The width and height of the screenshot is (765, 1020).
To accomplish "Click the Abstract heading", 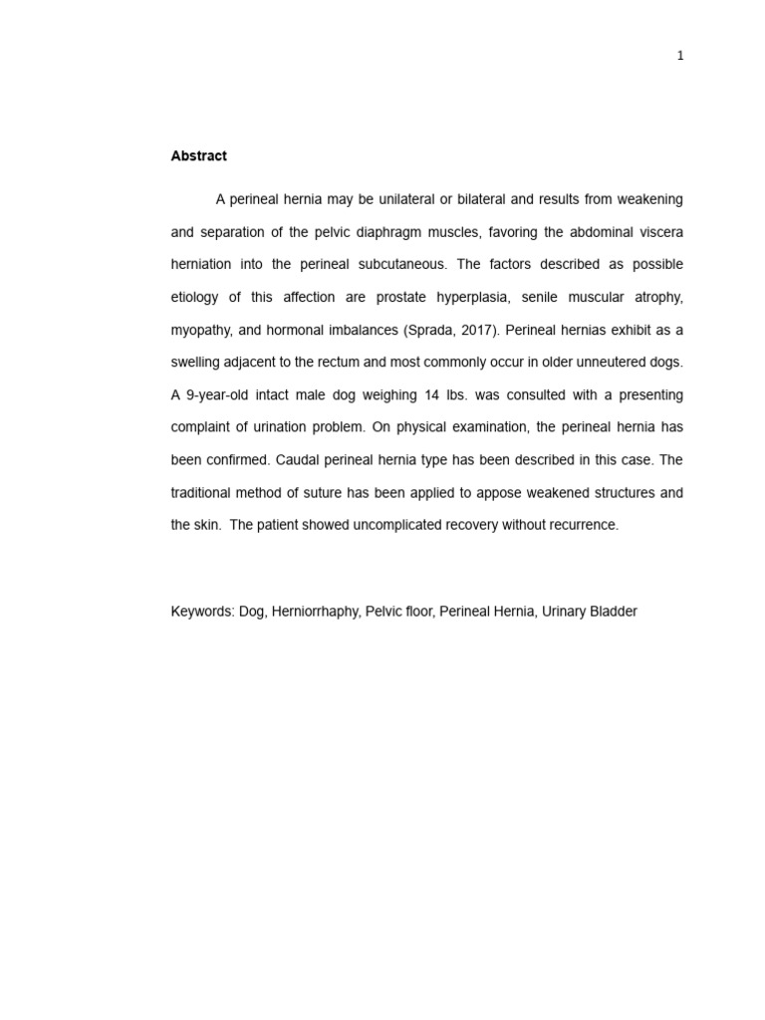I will coord(198,155).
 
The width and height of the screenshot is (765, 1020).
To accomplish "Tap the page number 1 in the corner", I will coord(680,56).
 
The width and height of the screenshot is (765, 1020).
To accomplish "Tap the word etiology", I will coord(199,298).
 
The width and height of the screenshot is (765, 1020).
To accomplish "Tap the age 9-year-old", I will coord(217,395).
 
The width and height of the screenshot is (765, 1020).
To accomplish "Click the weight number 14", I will coord(431,395).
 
